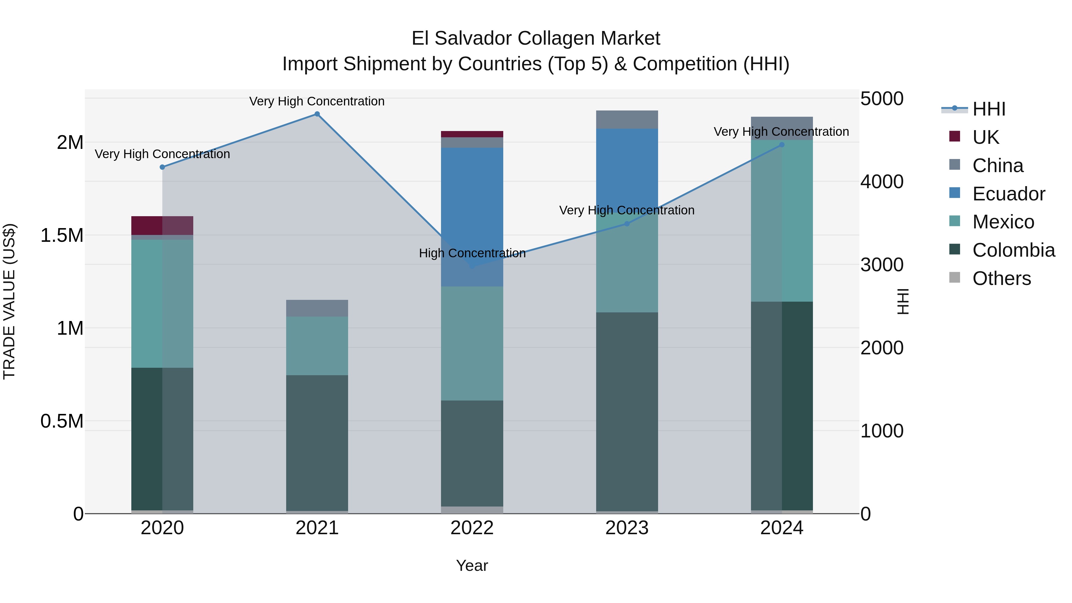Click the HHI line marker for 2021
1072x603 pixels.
coord(317,114)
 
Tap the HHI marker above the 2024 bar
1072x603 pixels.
coord(782,145)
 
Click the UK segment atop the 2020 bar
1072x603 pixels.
coord(162,225)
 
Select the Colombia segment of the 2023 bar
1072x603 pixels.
coord(627,412)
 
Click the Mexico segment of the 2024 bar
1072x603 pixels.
coord(782,221)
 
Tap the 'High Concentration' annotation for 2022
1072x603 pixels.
coord(472,253)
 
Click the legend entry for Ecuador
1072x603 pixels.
coord(1008,194)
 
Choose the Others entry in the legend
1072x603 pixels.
coord(1001,278)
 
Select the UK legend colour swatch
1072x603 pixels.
coord(955,136)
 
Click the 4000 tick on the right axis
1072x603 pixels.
coord(881,182)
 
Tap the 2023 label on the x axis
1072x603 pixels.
coord(627,528)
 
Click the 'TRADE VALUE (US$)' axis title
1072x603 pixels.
coord(9,301)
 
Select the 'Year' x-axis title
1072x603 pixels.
coord(472,565)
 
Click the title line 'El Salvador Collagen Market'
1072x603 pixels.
coord(536,38)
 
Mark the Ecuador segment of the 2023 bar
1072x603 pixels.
coord(627,171)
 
